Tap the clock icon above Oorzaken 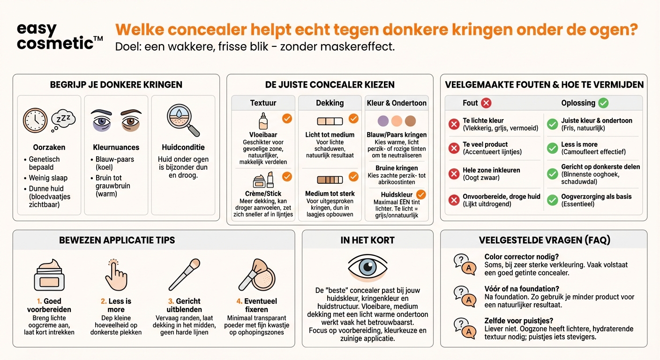35,120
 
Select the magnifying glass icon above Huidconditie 183,120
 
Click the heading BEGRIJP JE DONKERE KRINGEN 116,85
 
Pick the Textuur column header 263,103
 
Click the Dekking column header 330,103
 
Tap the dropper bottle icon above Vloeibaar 263,121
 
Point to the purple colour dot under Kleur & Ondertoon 383,121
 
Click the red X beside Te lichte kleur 454,124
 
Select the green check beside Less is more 553,148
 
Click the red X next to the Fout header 486,103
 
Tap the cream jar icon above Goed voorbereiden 49,275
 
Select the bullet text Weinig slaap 48,178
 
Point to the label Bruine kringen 397,168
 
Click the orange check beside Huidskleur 421,194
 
